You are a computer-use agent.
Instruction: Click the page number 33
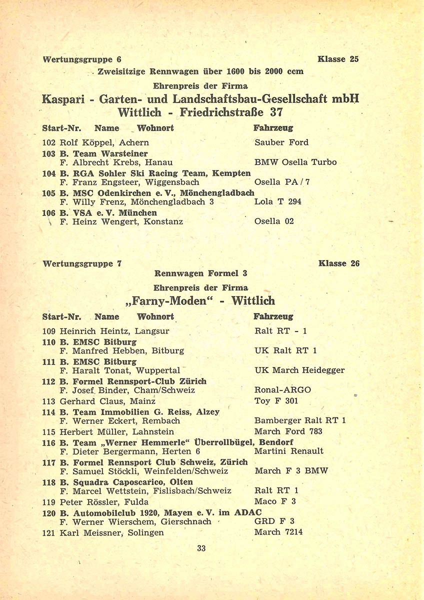tap(201, 548)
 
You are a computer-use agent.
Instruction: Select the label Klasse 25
tap(338, 59)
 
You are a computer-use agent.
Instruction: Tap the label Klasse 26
tap(338, 263)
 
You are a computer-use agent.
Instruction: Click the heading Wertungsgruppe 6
tap(82, 59)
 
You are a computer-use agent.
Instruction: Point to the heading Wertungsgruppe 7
tap(82, 263)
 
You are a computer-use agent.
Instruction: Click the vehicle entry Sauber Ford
tap(281, 142)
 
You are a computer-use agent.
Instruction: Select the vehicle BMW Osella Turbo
tap(295, 162)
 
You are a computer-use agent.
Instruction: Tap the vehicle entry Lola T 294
tap(277, 201)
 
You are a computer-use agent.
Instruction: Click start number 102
tap(49, 142)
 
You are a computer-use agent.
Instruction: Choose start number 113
tap(49, 401)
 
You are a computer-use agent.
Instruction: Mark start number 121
tap(49, 532)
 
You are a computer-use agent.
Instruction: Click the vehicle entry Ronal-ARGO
tap(282, 390)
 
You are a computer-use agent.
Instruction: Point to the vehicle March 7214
tap(278, 532)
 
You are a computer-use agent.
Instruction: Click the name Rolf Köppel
tap(80, 142)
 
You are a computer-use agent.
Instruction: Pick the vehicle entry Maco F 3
tap(275, 501)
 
